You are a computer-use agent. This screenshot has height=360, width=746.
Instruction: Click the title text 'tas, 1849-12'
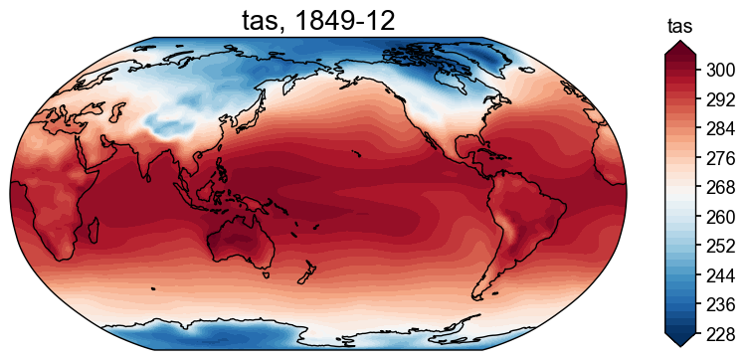[x=318, y=19]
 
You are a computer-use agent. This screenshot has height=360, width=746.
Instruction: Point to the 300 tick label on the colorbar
[x=721, y=70]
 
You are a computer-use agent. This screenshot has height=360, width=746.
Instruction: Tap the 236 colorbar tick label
[x=721, y=304]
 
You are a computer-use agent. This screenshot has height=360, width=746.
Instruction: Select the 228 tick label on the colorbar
[x=721, y=334]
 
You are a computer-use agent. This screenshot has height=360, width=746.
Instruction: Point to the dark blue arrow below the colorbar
[x=679, y=340]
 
